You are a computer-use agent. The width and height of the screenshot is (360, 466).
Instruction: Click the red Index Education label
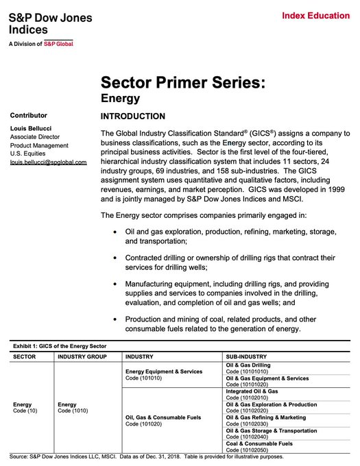316,15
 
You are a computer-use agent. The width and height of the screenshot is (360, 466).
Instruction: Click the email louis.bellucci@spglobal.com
48,162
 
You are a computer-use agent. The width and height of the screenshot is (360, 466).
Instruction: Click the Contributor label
29,114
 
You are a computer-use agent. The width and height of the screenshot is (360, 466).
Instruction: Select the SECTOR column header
25,357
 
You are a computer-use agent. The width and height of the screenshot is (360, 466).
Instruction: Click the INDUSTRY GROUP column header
82,357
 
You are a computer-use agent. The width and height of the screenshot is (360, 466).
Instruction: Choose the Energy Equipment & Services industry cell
163,374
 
